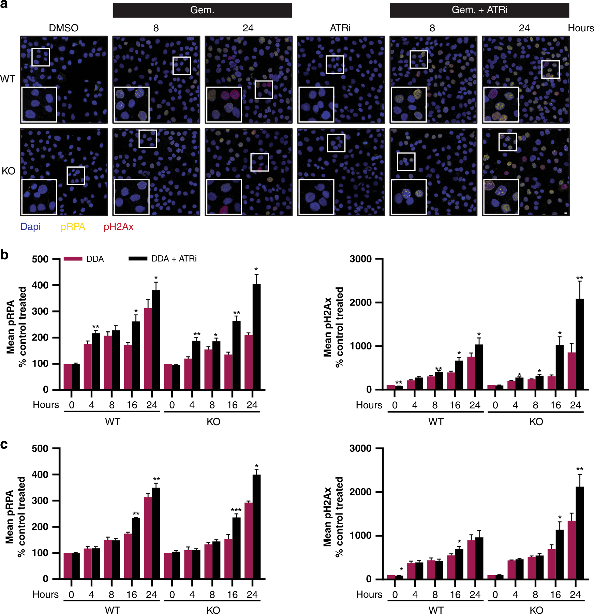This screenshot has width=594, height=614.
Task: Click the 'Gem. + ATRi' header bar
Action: [x=479, y=10]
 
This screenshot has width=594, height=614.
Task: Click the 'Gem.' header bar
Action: [x=202, y=10]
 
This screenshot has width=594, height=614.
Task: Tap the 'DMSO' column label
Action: [x=64, y=28]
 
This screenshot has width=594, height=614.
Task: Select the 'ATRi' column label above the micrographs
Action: [x=340, y=28]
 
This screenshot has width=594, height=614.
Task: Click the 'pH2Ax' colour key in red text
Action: [x=118, y=227]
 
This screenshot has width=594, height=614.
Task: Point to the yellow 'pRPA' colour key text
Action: [x=73, y=227]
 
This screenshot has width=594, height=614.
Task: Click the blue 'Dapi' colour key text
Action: [x=30, y=227]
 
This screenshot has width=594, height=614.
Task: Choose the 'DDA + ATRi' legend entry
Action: [x=174, y=259]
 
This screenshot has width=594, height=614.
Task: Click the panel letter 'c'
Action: [x=4, y=445]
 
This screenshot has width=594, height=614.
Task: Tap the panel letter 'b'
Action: [x=4, y=255]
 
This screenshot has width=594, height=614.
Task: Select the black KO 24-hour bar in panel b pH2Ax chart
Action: [x=580, y=344]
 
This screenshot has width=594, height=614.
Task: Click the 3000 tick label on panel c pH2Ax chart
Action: [x=360, y=448]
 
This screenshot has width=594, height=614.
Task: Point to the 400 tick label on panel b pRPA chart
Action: [x=40, y=285]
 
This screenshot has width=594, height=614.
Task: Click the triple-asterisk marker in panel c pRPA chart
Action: [x=236, y=510]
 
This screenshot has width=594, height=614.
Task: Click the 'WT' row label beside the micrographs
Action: [x=8, y=79]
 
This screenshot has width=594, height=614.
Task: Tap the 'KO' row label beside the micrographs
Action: [x=8, y=171]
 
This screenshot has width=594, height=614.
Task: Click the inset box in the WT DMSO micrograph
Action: [x=39, y=105]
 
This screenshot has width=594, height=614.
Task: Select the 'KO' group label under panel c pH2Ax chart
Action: [x=536, y=610]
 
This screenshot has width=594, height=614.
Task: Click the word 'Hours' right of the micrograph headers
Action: [x=581, y=28]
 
